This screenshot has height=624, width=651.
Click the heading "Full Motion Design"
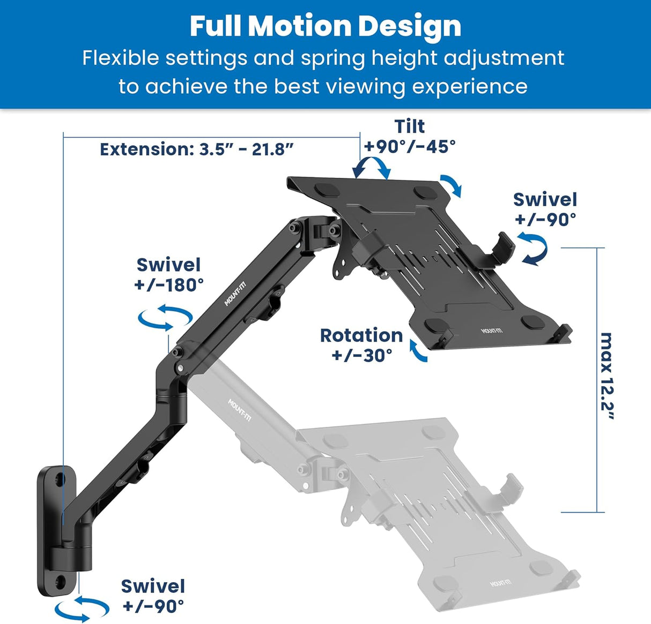tap(325, 26)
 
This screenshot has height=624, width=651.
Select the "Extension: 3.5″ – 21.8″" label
tap(197, 149)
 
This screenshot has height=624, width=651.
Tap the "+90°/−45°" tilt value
tap(410, 146)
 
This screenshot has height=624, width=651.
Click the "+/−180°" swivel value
tap(169, 285)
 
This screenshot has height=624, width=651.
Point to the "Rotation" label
tap(361, 335)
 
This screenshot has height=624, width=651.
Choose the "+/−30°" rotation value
tap(362, 355)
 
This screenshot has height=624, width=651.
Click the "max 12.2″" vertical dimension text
tap(606, 377)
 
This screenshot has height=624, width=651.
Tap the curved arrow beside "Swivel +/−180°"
tap(165, 317)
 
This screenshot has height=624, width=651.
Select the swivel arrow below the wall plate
tap(82, 607)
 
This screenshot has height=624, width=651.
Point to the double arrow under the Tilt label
tap(371, 167)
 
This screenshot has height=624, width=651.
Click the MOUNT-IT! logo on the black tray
tap(492, 330)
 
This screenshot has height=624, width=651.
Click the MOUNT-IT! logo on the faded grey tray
tap(500, 582)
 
